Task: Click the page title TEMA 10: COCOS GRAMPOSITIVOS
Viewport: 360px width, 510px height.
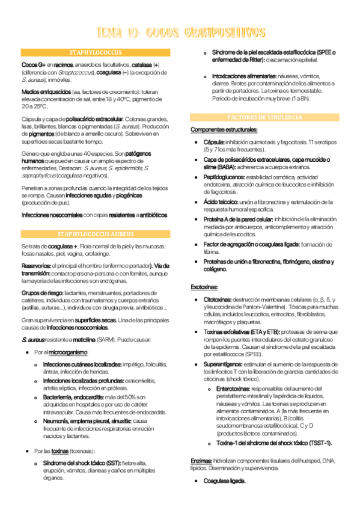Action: click(180, 31)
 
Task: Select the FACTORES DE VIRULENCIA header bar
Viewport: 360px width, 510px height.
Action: click(264, 117)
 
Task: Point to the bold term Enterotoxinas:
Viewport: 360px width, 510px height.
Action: click(237, 390)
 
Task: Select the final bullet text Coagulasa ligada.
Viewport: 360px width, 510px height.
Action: click(225, 482)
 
